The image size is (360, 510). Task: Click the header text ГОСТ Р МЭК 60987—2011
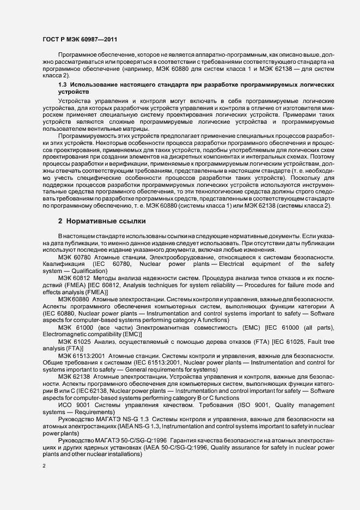point(80,40)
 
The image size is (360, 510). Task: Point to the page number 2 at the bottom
point(44,466)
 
